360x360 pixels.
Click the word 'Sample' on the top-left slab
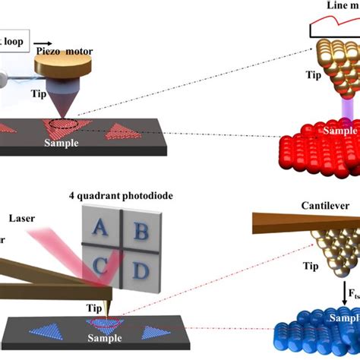click(x=61, y=142)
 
